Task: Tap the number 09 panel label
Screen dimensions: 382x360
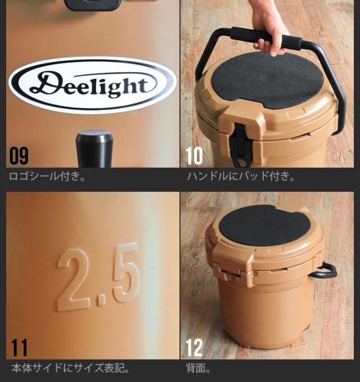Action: [x=19, y=156]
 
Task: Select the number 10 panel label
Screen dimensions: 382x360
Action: [x=194, y=156]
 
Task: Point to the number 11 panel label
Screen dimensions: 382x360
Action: [x=19, y=347]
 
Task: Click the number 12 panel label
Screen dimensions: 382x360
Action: [x=194, y=347]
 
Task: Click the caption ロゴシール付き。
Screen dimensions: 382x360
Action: [x=48, y=176]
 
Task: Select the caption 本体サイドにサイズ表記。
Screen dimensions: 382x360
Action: [x=71, y=369]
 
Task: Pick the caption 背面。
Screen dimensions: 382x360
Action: [x=198, y=369]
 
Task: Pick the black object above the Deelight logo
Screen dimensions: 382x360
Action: [x=93, y=5]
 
